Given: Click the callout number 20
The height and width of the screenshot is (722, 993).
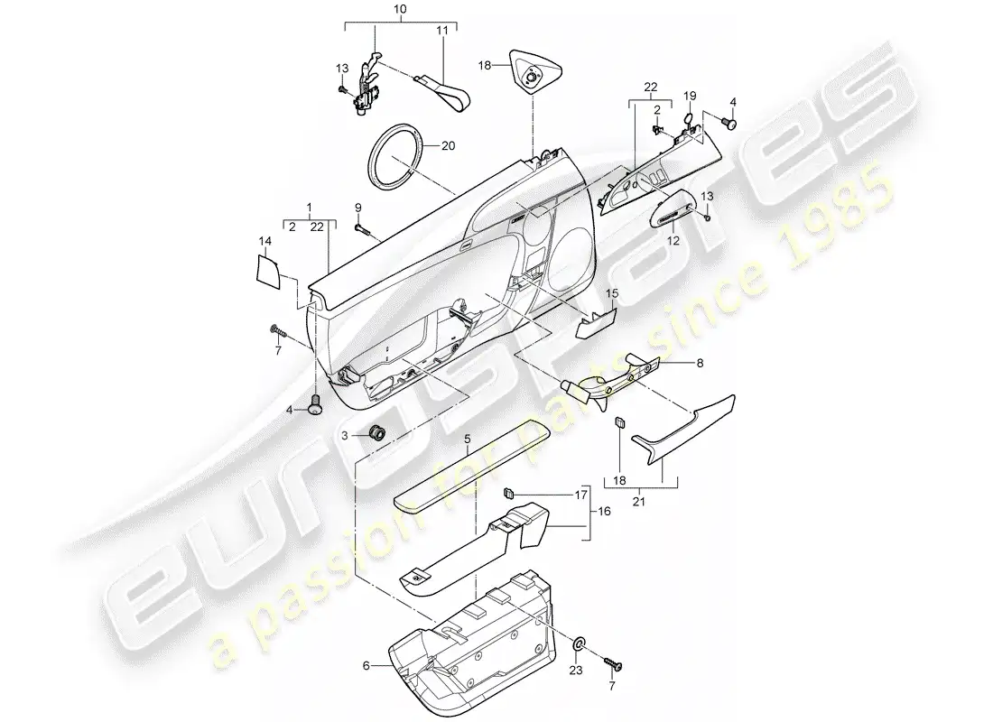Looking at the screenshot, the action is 448,146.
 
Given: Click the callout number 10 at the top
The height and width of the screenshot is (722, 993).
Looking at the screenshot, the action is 400,10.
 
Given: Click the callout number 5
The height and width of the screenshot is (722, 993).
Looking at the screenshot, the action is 468,439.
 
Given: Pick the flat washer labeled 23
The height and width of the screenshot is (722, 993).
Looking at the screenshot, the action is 579,644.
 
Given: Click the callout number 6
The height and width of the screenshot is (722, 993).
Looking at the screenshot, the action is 366,666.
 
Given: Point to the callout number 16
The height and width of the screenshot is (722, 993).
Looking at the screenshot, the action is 604,511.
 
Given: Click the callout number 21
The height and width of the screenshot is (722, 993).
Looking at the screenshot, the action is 639,502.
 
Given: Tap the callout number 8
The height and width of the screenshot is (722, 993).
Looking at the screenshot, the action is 700,364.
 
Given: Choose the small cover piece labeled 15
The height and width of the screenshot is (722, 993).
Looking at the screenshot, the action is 595,324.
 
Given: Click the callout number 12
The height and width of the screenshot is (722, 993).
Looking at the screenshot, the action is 673,241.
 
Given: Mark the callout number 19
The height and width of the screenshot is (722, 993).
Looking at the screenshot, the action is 690,96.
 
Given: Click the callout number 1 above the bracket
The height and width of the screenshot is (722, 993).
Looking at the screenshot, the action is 309,208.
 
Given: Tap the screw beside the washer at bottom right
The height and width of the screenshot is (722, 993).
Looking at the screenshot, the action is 613,664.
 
